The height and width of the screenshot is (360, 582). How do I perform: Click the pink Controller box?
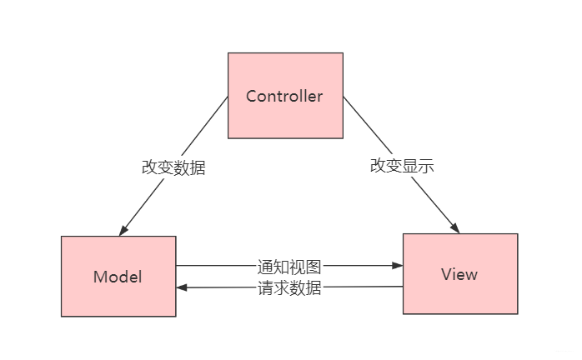click(285, 95)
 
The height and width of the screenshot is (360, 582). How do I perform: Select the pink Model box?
click(118, 276)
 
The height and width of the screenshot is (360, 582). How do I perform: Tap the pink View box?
click(460, 273)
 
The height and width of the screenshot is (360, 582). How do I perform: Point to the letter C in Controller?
click(252, 96)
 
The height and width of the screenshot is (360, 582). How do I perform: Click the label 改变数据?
click(173, 167)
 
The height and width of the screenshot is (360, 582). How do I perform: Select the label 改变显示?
click(402, 166)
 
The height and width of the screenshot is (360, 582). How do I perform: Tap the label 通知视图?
click(289, 267)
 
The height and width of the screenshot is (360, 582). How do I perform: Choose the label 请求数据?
click(289, 288)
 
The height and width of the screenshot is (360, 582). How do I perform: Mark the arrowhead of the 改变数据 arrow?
click(123, 231)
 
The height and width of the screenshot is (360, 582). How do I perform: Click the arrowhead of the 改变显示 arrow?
click(455, 228)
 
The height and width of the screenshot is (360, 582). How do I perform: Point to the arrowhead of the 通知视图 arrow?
click(399, 267)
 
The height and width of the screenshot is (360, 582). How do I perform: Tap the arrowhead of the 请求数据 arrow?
click(181, 288)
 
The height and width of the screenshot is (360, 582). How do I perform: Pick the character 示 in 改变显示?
click(426, 166)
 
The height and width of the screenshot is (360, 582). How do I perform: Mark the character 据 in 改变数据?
click(198, 167)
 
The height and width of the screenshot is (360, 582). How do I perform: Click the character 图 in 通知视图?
click(314, 267)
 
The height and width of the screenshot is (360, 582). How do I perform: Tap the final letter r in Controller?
click(319, 96)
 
